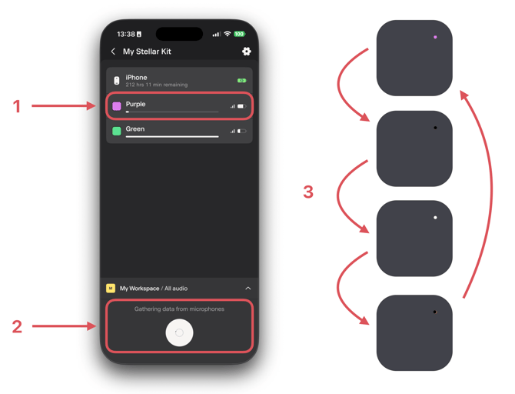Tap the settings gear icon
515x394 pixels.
pyautogui.click(x=246, y=52)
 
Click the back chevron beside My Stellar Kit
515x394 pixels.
pyautogui.click(x=113, y=52)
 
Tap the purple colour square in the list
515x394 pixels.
pyautogui.click(x=117, y=106)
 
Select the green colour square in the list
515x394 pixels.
pyautogui.click(x=117, y=131)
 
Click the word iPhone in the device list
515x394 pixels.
pyautogui.click(x=136, y=78)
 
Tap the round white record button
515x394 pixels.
pyautogui.click(x=179, y=332)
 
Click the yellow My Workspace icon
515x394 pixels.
pyautogui.click(x=111, y=289)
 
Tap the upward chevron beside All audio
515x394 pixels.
pyautogui.click(x=248, y=289)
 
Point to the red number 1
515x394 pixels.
pyautogui.click(x=17, y=106)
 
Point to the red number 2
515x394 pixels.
pyautogui.click(x=17, y=326)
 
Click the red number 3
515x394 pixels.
pyautogui.click(x=308, y=192)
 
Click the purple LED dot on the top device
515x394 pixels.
pyautogui.click(x=435, y=37)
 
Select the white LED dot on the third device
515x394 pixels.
pyautogui.click(x=435, y=217)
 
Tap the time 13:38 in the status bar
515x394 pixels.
pyautogui.click(x=126, y=34)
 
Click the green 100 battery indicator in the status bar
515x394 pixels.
pyautogui.click(x=239, y=34)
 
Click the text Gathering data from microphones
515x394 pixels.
pyautogui.click(x=179, y=309)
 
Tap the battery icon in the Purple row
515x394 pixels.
pyautogui.click(x=241, y=106)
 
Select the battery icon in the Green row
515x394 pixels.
pyautogui.click(x=241, y=132)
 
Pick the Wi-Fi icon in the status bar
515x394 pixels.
pyautogui.click(x=227, y=34)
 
